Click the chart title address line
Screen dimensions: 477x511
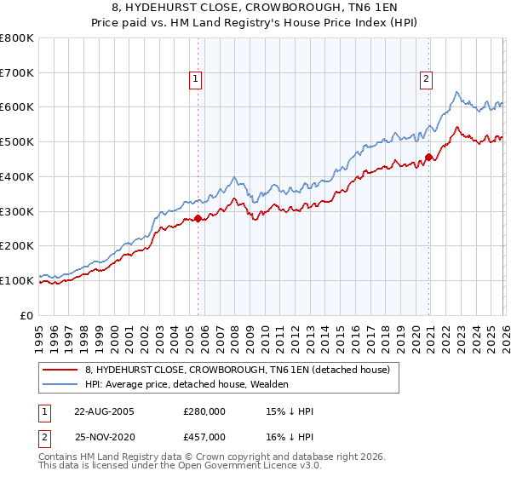(255, 8)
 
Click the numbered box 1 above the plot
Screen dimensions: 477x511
(196, 79)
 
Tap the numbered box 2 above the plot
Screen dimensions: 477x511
(426, 79)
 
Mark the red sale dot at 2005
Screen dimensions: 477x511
(198, 219)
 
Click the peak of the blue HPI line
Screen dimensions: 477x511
(457, 92)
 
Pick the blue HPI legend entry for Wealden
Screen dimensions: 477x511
(187, 385)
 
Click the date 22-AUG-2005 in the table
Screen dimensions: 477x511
(104, 411)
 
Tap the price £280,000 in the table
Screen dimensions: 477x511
(204, 411)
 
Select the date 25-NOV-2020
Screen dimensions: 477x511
(104, 436)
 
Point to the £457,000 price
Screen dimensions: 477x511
(204, 436)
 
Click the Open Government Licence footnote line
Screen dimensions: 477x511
(180, 468)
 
